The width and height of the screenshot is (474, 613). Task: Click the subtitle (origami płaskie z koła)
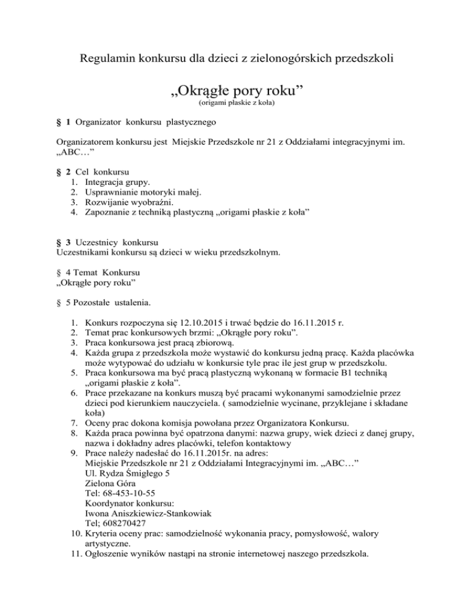[236, 114]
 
